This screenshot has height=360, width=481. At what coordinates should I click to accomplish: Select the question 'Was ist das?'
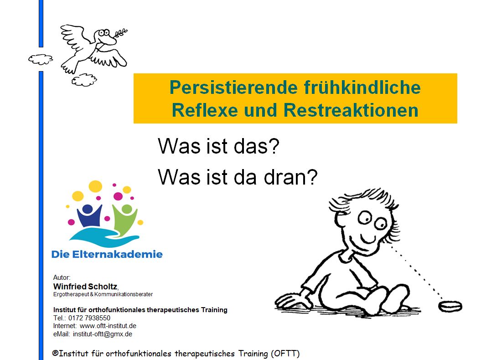coord(218,147)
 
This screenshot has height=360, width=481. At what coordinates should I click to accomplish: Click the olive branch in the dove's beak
coord(118,34)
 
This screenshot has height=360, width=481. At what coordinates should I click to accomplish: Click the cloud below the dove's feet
coord(84,80)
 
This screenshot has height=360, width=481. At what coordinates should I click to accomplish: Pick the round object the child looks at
coord(450,305)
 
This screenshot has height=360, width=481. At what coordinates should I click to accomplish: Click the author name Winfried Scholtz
coord(85,287)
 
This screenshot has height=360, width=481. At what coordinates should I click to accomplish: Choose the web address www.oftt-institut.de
coord(108,326)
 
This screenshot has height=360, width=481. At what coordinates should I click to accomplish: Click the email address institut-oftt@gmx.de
coord(103,334)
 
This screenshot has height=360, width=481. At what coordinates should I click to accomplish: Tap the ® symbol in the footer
coord(55,353)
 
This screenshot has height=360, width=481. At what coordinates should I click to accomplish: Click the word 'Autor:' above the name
coord(62,277)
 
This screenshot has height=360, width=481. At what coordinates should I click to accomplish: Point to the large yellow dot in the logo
coord(95,186)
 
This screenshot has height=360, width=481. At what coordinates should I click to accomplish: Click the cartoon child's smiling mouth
coord(370,239)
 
